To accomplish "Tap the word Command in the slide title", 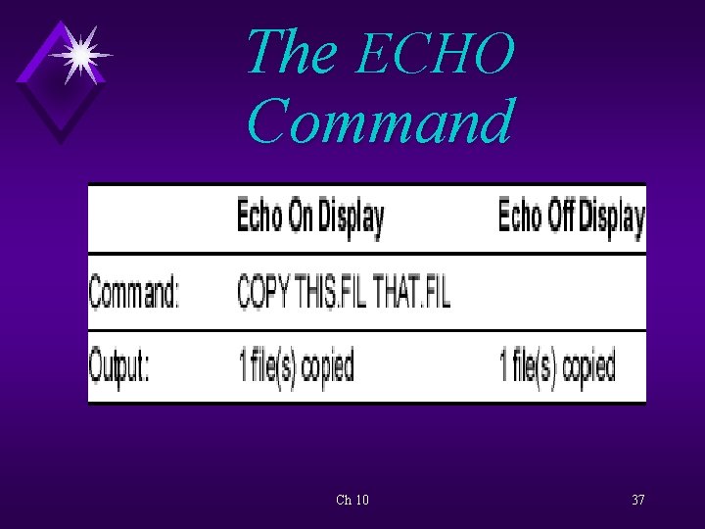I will tap(379, 122).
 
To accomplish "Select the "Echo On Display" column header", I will tap(309, 218).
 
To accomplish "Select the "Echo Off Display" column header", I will tap(571, 218).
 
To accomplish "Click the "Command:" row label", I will tap(135, 292).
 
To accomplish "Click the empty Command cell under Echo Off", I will tap(568, 292).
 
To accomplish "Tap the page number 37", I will tap(637, 500).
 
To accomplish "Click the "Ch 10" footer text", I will tap(352, 500).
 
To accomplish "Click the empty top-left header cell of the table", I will tap(157, 218).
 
